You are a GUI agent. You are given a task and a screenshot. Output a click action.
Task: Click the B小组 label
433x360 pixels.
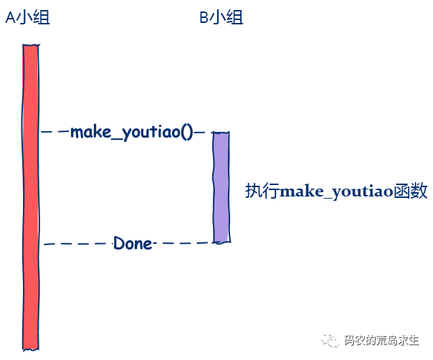pos(221,18)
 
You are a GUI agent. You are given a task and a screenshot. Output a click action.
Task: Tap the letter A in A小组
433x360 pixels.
pos(10,18)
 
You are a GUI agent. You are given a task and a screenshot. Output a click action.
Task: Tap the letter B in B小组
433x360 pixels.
pos(204,18)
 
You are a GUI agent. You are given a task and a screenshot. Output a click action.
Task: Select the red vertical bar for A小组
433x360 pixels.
pos(32,194)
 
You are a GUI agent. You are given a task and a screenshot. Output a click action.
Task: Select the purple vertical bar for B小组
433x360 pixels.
pos(221,186)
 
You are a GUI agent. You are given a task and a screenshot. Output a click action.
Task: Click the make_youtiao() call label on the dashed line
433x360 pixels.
pos(132,133)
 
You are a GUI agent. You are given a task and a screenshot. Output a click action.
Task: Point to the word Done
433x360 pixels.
pos(133,244)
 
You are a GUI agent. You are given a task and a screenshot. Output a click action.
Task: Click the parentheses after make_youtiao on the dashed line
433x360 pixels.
pos(188,133)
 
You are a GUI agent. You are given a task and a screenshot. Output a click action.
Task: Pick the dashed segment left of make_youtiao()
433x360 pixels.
pos(54,132)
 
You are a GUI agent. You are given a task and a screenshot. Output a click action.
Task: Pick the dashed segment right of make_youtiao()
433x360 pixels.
pos(201,132)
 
